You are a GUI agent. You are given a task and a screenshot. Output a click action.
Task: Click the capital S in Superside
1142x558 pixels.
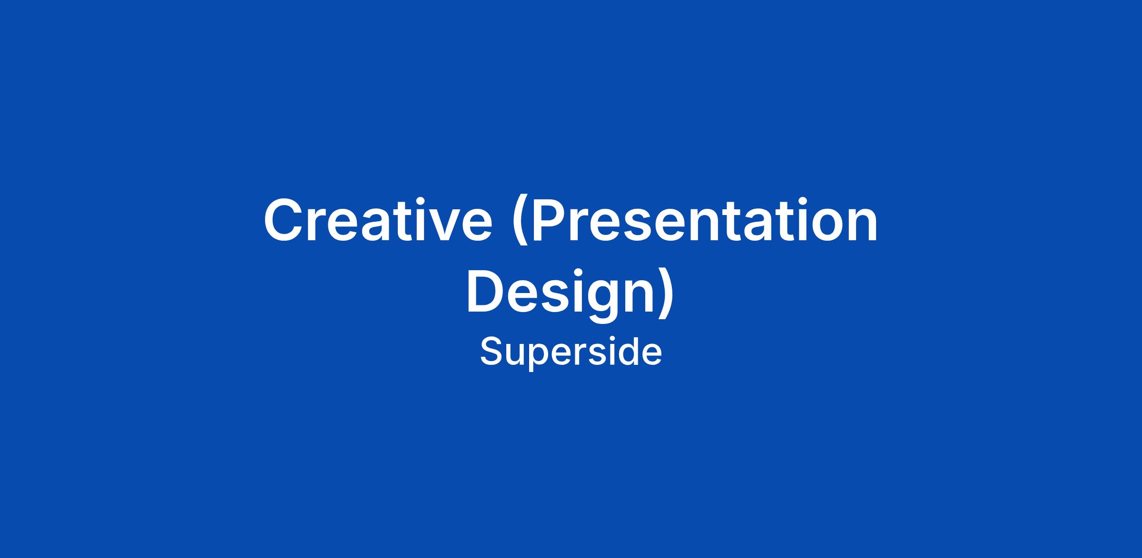(x=492, y=352)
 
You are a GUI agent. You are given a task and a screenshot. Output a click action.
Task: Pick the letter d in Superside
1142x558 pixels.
(x=628, y=352)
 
